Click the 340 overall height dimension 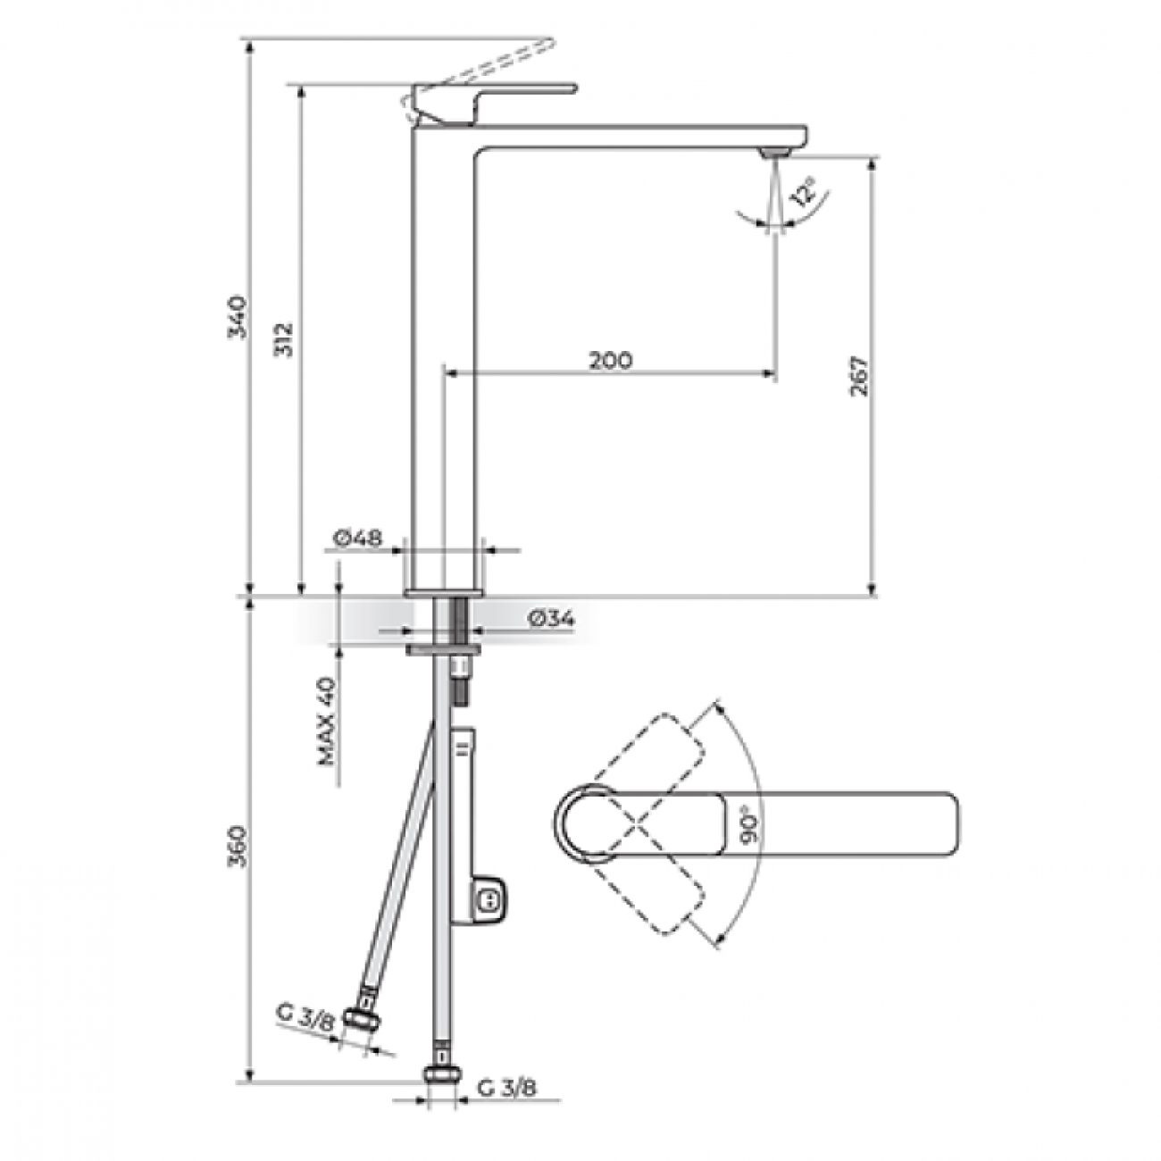coord(237,317)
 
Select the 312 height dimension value coord(284,339)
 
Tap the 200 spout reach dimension coord(611,360)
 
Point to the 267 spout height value coord(859,376)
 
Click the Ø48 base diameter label coord(357,538)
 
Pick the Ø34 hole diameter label coord(551,619)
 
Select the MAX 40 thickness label coord(327,720)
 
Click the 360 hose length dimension coord(239,846)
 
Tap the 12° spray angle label coord(804,191)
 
